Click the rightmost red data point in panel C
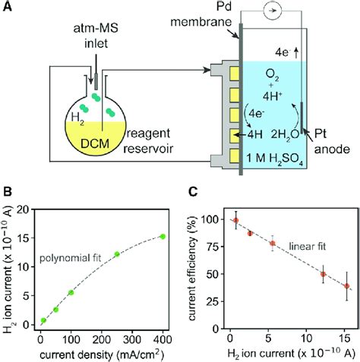(x=347, y=286)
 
